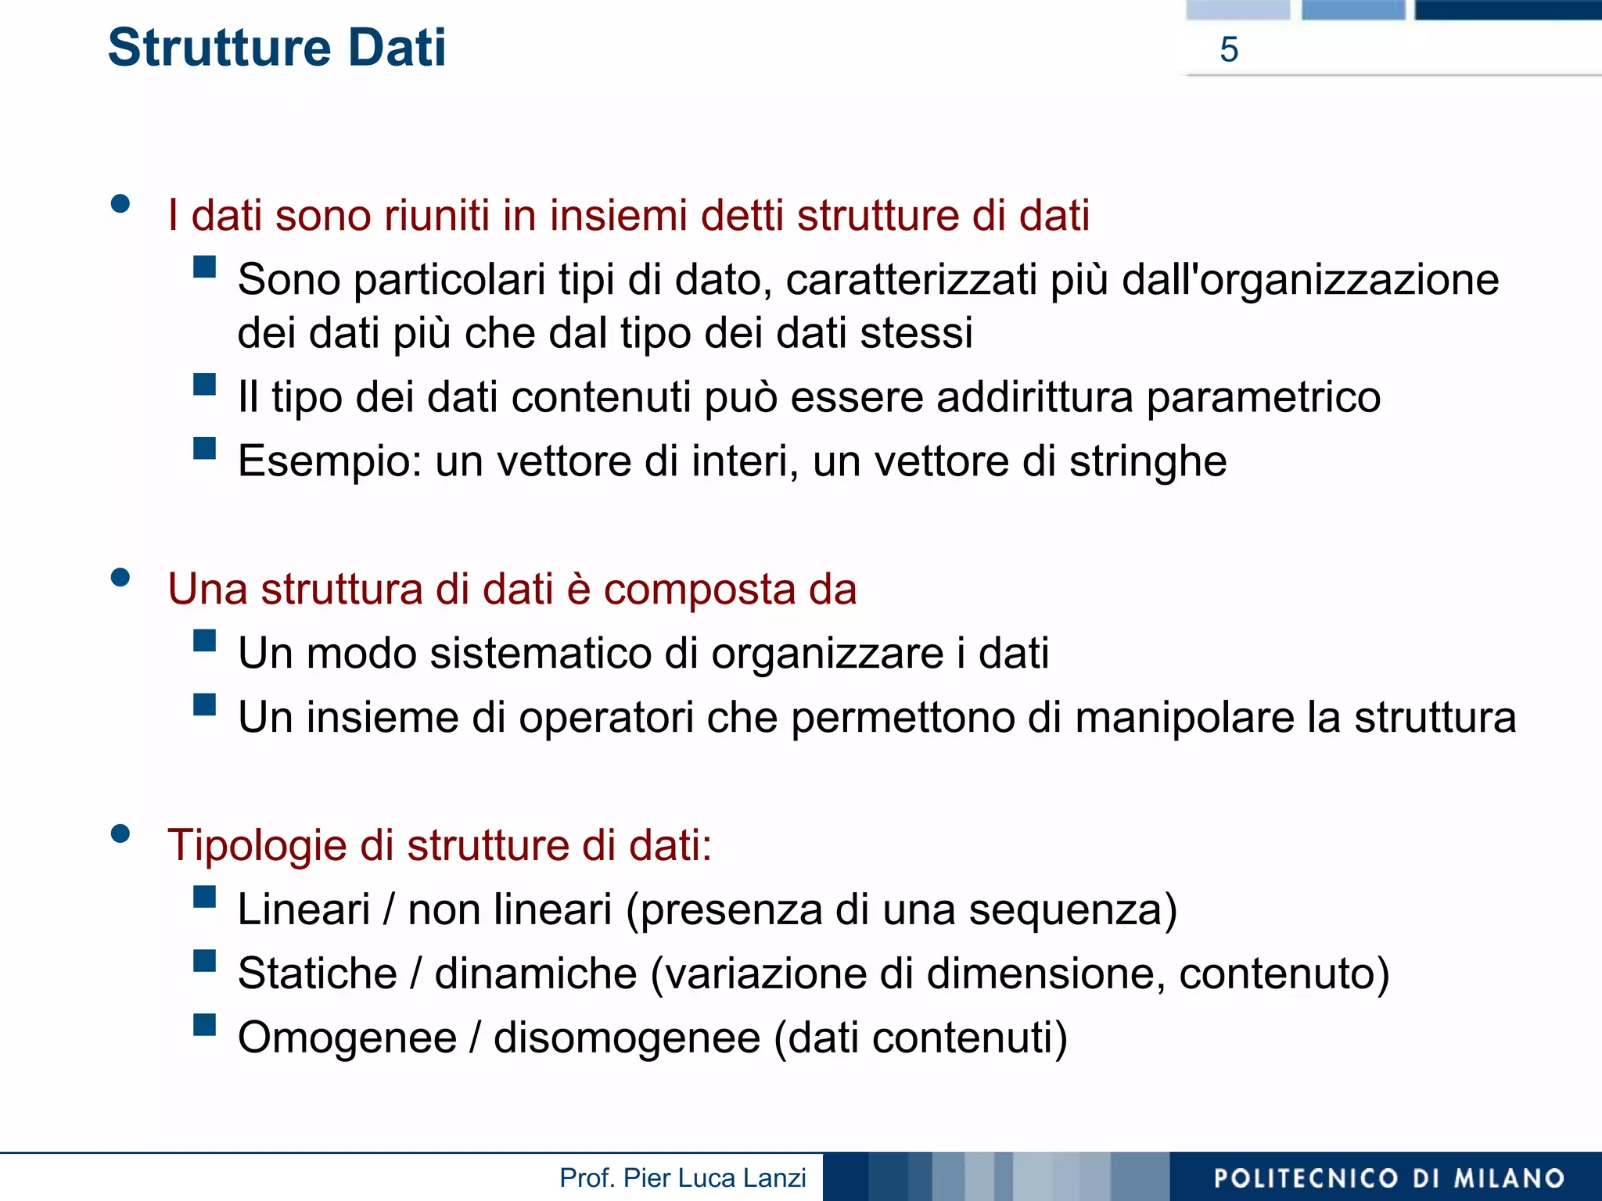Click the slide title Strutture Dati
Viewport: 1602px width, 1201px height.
pos(277,48)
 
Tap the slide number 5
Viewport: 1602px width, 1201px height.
pos(1229,50)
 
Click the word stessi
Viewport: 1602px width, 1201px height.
pos(916,333)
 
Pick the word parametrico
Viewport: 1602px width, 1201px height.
pos(1263,396)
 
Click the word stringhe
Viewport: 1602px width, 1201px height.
pos(1148,461)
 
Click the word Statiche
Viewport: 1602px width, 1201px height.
pos(317,973)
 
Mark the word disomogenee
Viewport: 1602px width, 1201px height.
pos(627,1038)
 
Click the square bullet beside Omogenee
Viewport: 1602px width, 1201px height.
pos(205,1024)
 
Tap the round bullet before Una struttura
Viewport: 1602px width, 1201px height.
pos(120,578)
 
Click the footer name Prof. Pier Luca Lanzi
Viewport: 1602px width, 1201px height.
pos(682,1178)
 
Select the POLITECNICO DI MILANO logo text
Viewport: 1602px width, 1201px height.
pos(1388,1178)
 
